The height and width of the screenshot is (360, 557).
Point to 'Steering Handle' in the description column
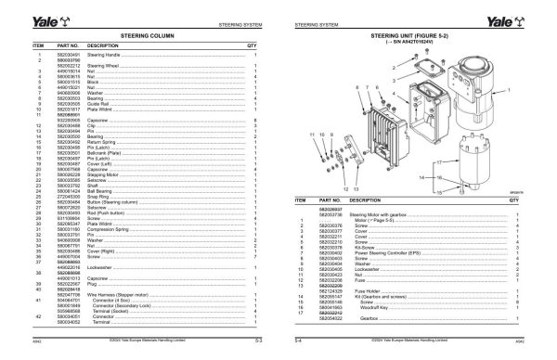coord(105,56)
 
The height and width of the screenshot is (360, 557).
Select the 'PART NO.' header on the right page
coord(331,199)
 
